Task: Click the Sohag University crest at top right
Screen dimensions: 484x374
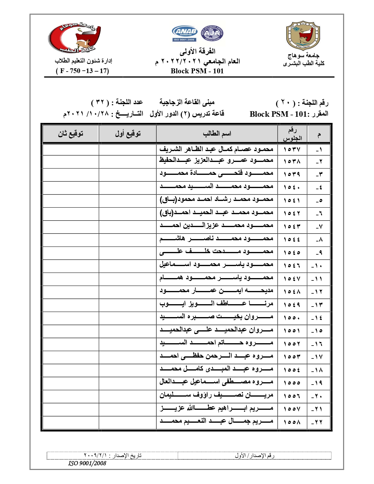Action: coord(303,35)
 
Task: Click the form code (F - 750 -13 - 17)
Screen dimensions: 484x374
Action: coord(82,71)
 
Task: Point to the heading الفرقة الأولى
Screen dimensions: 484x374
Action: coord(197,51)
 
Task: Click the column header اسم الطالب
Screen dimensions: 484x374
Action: coord(217,134)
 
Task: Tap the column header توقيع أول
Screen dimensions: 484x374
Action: coord(128,134)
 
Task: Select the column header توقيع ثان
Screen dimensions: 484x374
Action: coord(71,134)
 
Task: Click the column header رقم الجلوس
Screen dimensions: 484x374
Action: coord(292,134)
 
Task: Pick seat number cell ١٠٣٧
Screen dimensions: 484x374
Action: coord(292,150)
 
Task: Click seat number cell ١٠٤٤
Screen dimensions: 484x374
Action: coord(292,240)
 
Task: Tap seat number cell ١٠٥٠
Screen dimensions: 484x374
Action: coord(292,318)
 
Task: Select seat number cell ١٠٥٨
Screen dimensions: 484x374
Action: coord(292,422)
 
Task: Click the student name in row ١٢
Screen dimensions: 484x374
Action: coord(216,291)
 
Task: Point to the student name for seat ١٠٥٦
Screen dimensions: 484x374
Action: coord(216,395)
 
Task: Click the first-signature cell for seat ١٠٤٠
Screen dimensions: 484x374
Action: coord(128,187)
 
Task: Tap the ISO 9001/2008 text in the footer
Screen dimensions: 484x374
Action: coord(87,463)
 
